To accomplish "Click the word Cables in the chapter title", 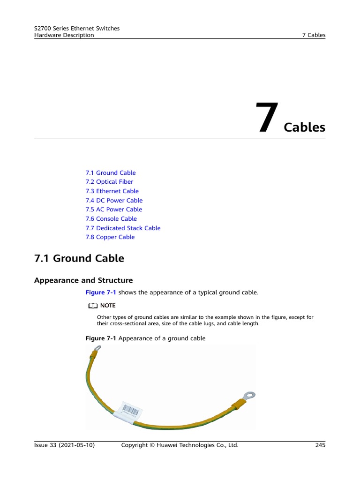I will (x=305, y=127).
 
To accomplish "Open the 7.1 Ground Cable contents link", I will (x=111, y=173).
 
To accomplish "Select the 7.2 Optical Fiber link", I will (x=109, y=182).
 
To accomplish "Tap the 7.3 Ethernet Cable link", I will (x=112, y=191).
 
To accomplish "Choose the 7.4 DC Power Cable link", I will (x=114, y=201).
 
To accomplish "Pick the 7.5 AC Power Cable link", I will (x=114, y=210).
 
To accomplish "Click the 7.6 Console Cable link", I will (x=111, y=219).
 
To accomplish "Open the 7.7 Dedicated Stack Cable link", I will (x=123, y=228).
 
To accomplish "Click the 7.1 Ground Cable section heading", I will (x=79, y=258).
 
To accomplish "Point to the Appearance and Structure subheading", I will (x=83, y=280).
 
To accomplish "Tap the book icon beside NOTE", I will (x=92, y=306).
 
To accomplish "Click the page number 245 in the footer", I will (x=320, y=445).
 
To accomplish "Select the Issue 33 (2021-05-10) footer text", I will (x=65, y=445).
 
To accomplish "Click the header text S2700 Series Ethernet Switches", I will (x=77, y=29).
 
